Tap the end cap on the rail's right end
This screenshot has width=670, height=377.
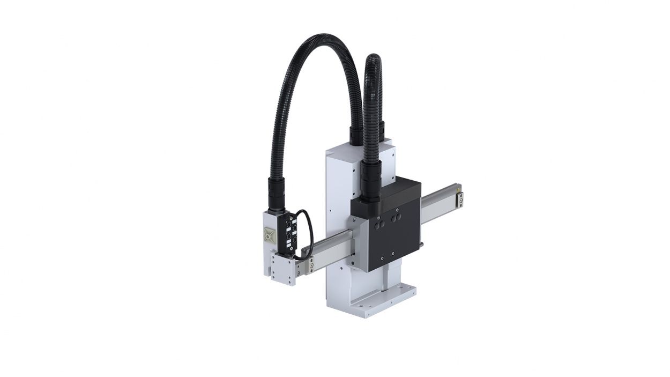click(460, 199)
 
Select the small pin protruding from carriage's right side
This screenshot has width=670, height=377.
click(423, 245)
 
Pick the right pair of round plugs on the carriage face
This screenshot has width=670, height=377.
click(397, 218)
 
